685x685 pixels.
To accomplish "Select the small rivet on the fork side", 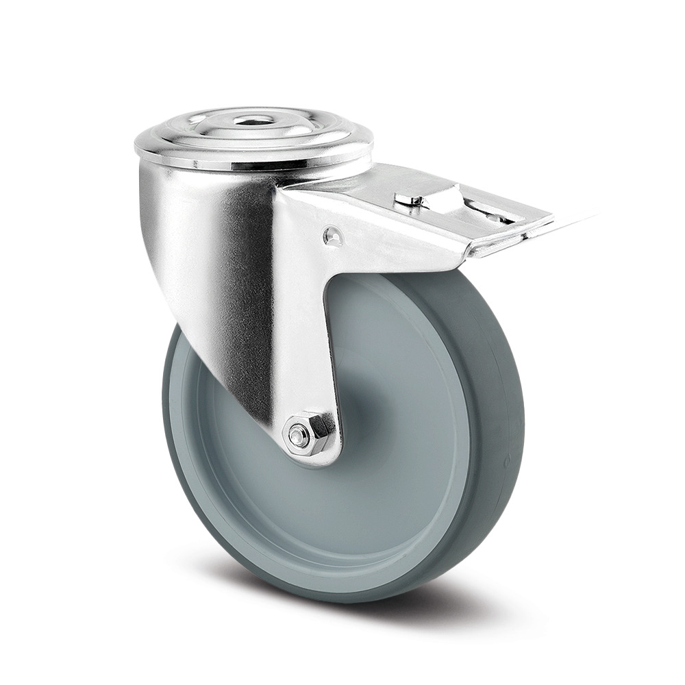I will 333,236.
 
